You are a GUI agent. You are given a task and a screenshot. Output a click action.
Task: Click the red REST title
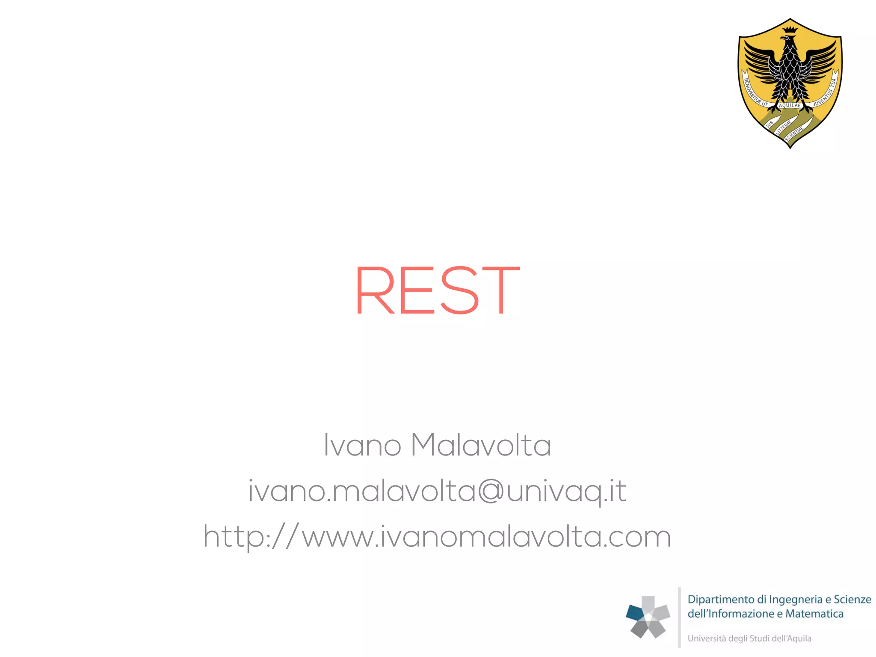(437, 290)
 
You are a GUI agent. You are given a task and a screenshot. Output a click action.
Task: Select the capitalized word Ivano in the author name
(362, 445)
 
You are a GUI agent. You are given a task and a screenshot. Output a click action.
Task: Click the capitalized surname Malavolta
(481, 445)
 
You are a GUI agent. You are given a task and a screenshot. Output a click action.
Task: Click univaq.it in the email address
(566, 492)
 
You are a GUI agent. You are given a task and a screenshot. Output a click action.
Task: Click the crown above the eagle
(790, 30)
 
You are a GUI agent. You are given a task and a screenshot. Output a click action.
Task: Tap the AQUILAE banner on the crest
(790, 105)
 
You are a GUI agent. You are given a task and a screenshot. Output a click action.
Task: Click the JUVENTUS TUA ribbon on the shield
(826, 92)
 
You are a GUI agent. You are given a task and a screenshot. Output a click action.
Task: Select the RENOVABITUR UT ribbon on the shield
(755, 92)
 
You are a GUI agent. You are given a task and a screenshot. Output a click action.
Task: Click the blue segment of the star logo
(635, 613)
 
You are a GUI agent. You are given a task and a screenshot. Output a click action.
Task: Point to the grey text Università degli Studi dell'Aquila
(749, 639)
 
